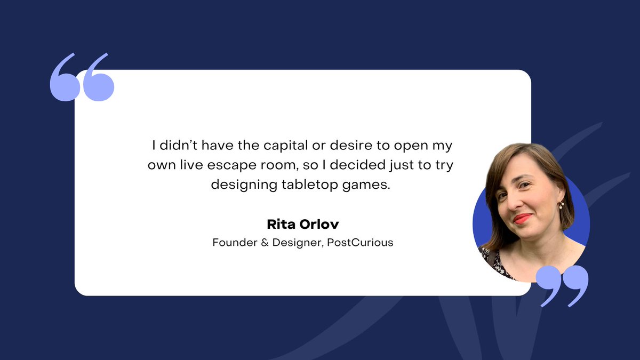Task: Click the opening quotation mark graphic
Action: click(82, 77)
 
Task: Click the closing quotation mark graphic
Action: click(562, 285)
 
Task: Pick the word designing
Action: click(245, 185)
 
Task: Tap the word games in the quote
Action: click(367, 185)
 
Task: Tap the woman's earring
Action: click(561, 204)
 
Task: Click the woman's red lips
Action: click(523, 219)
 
